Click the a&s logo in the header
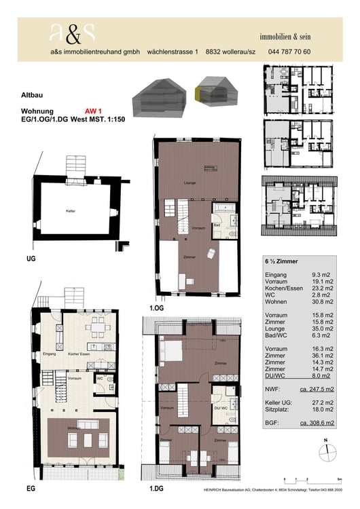tap(72, 33)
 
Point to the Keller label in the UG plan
tap(71, 211)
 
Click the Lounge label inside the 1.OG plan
tap(190, 184)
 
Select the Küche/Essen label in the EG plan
tap(82, 355)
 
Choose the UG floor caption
tap(31, 259)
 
